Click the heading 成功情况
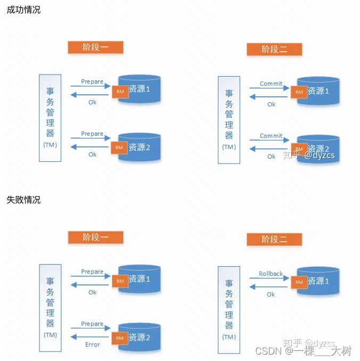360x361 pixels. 23,10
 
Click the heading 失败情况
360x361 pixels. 23,200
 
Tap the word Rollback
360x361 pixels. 271,274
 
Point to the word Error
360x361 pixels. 93,344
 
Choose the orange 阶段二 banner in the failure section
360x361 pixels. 274,240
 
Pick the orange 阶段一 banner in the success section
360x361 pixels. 95,47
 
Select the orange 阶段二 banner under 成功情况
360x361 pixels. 274,49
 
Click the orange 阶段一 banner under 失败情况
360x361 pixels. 95,237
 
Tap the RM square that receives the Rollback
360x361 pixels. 299,282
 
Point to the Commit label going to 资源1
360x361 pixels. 271,84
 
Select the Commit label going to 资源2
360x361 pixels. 271,136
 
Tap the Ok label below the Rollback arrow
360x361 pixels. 271,294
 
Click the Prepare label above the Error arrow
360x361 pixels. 92,324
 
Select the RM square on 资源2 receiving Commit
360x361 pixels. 299,150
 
